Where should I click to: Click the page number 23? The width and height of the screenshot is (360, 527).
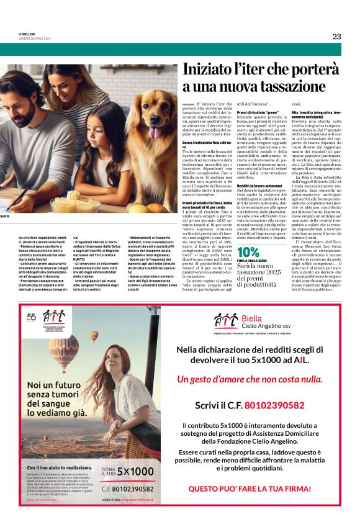pos(336,36)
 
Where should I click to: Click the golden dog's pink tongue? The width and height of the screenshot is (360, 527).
pos(153,132)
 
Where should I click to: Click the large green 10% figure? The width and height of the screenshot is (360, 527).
pos(248,251)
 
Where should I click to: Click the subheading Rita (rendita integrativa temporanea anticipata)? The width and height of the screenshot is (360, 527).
pos(315,115)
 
